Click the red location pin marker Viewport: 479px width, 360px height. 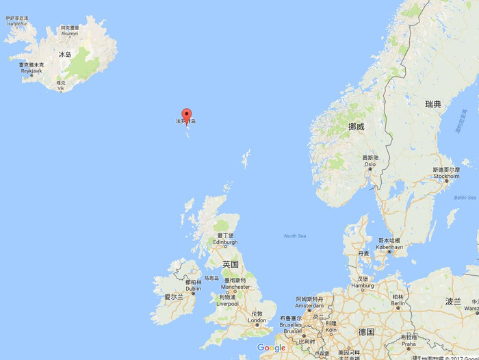click(185, 114)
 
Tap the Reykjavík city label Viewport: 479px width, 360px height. click(31, 70)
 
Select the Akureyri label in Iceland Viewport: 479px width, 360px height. click(70, 33)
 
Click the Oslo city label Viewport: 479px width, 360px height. click(370, 164)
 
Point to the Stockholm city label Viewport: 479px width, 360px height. click(445, 175)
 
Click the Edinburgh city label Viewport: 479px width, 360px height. click(225, 242)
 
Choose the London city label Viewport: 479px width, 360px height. click(257, 320)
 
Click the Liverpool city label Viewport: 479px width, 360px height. click(228, 303)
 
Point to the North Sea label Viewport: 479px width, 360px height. click(295, 236)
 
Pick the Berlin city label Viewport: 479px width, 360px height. click(397, 305)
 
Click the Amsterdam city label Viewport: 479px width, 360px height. click(309, 305)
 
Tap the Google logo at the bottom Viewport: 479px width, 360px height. click(272, 348)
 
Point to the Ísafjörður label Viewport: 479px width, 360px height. click(16, 24)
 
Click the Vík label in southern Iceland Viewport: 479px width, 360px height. click(60, 88)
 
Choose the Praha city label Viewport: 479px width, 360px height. click(409, 344)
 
